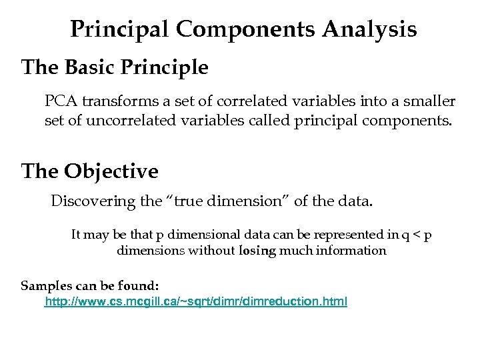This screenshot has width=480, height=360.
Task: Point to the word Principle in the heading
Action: (x=169, y=67)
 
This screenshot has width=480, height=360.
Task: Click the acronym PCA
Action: (x=61, y=101)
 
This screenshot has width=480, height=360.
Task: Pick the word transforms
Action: (x=115, y=101)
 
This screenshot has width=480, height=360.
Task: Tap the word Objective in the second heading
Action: (x=111, y=172)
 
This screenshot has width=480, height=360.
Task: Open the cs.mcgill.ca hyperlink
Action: (x=195, y=302)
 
